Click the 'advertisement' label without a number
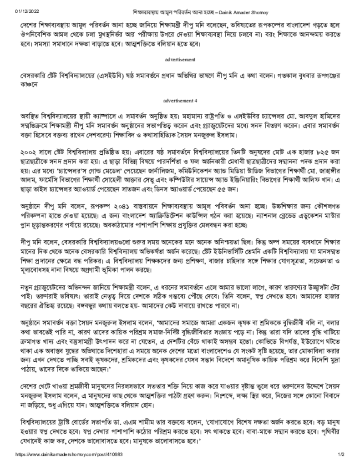tap(180, 60)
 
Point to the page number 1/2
tap(339, 455)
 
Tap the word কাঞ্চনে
tap(29, 85)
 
